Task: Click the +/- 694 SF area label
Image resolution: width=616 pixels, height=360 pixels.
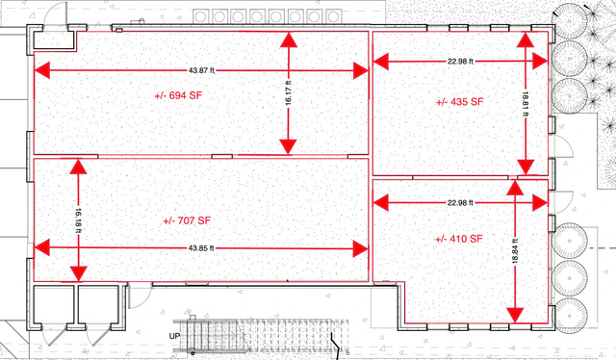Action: point(178,95)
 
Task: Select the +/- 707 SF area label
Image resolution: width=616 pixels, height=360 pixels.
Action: point(187,220)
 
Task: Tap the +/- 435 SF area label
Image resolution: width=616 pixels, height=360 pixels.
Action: point(460,102)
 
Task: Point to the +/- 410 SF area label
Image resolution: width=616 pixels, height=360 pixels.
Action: point(459,239)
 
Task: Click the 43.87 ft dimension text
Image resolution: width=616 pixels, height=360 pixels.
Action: point(201,70)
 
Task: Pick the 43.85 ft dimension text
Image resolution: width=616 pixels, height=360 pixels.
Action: point(201,248)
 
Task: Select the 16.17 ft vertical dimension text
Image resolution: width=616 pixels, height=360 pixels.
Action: point(289,92)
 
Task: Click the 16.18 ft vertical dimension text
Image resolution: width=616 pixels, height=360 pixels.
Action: point(78,220)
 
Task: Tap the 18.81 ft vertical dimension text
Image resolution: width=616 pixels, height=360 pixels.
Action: point(525,104)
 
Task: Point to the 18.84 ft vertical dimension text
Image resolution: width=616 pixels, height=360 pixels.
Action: point(516,251)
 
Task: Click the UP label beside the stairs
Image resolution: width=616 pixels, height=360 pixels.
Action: point(175,337)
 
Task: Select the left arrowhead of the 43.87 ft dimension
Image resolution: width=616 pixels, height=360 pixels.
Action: point(42,70)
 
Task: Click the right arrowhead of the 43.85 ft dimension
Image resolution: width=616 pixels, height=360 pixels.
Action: point(360,248)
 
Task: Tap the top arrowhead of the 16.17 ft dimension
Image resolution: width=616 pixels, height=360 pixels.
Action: point(289,40)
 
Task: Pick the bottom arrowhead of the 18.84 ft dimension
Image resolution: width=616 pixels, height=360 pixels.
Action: point(515,315)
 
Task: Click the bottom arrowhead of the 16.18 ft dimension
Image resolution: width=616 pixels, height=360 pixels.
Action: point(78,273)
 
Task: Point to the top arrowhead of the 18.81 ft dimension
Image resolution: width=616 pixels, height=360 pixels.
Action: point(525,39)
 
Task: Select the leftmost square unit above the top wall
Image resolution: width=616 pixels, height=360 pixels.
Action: point(200,17)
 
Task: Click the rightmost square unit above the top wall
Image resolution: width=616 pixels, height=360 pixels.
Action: point(333,17)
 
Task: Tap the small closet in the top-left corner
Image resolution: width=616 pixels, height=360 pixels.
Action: point(54,40)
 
